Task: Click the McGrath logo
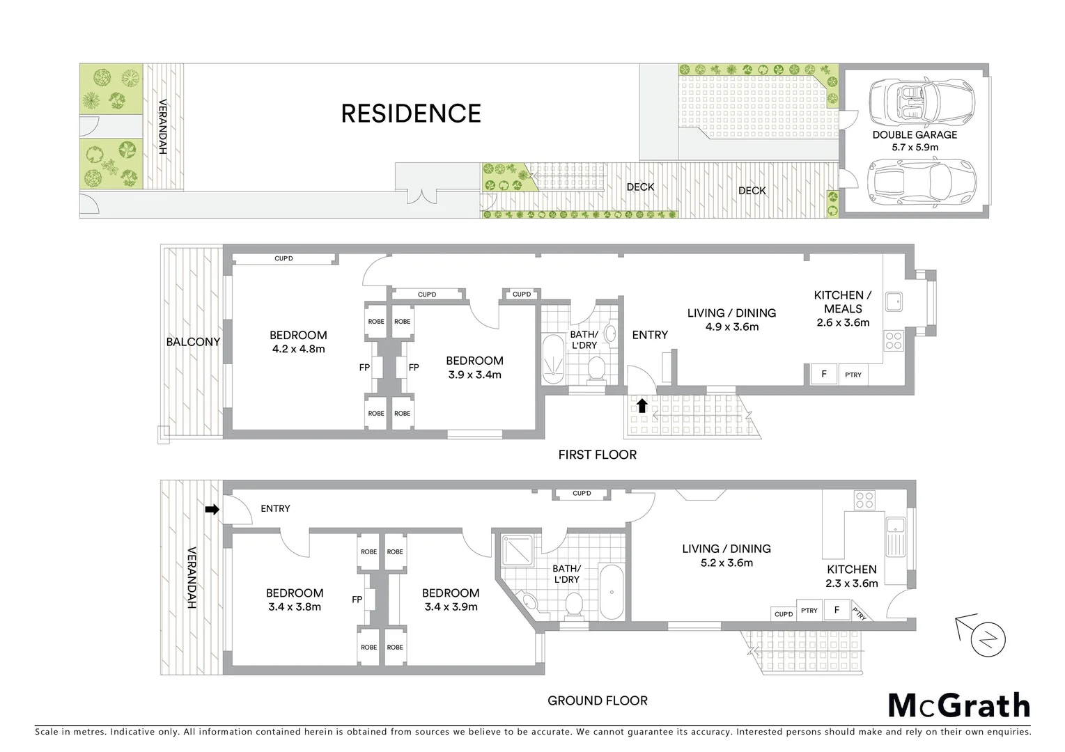(959, 705)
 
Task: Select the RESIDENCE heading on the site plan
(410, 113)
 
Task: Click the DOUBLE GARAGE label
(915, 134)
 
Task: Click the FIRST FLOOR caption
(597, 455)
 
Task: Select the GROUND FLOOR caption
(597, 700)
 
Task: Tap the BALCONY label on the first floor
(192, 342)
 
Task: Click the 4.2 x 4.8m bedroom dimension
(298, 349)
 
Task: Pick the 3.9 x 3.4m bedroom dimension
(474, 375)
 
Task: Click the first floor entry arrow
(642, 405)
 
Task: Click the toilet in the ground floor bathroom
(575, 604)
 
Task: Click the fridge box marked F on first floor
(824, 374)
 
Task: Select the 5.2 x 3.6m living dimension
(726, 563)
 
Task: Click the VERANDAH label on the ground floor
(192, 578)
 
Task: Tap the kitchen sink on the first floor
(892, 301)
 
